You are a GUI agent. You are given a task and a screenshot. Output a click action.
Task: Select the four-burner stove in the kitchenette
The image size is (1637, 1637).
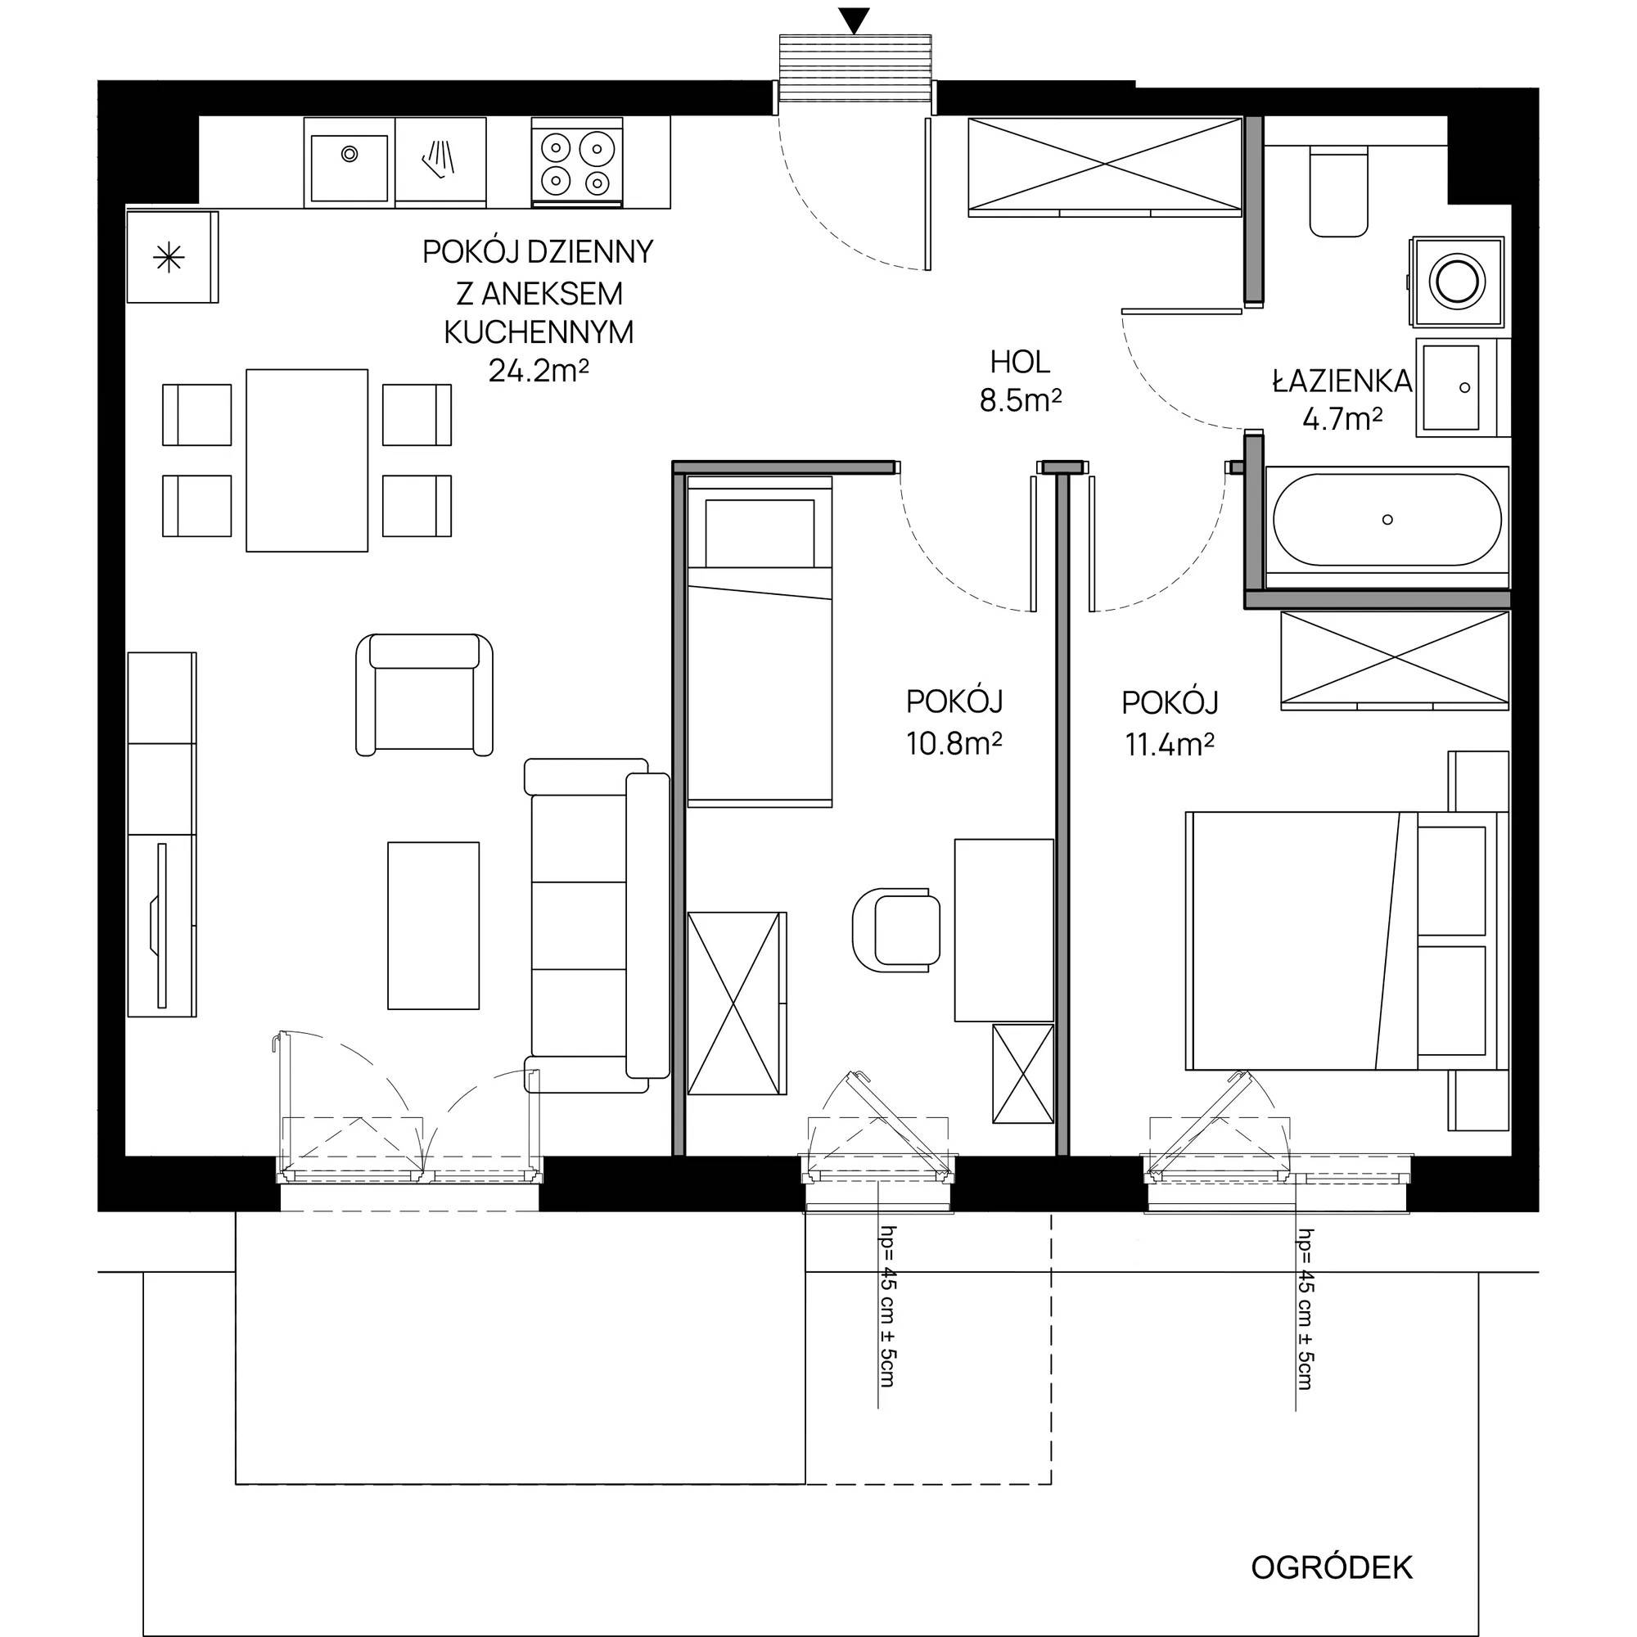click(x=577, y=163)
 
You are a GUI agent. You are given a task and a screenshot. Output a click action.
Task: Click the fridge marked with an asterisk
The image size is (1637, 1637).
click(x=172, y=257)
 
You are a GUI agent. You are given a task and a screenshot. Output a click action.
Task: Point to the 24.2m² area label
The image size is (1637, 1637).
click(x=539, y=371)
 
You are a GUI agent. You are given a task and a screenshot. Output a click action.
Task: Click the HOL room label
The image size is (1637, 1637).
click(x=1020, y=363)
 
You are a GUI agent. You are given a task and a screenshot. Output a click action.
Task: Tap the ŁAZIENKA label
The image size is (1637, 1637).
click(x=1342, y=382)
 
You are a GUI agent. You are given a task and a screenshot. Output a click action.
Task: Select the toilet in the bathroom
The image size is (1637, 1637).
click(x=1339, y=191)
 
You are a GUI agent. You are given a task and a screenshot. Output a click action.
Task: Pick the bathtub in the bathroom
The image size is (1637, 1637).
click(x=1387, y=520)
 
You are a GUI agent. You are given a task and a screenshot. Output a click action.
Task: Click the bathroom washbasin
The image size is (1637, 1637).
click(x=1451, y=387)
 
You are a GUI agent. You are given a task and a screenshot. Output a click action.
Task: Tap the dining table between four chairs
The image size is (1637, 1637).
click(x=307, y=460)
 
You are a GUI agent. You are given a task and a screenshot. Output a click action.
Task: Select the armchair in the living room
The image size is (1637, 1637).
click(x=425, y=694)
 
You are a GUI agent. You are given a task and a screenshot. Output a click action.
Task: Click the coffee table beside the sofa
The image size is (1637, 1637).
click(x=433, y=925)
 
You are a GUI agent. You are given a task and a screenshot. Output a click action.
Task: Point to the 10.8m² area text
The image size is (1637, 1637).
click(x=954, y=745)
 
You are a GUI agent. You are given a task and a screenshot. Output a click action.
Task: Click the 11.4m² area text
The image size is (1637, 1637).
click(x=1170, y=745)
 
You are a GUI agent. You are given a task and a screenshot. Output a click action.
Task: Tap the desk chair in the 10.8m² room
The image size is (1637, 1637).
click(x=895, y=929)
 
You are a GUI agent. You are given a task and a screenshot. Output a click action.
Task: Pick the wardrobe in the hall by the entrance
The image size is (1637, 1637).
click(x=1104, y=165)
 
